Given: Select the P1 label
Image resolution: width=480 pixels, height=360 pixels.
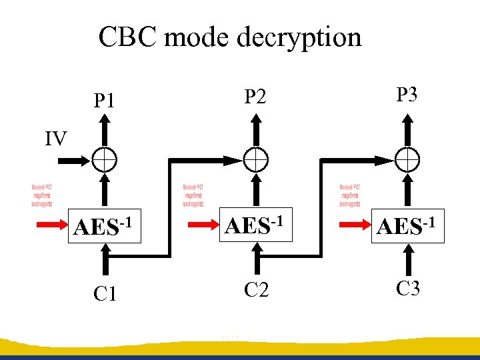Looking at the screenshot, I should (105, 101).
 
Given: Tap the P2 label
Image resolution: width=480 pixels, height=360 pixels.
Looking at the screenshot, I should (255, 97).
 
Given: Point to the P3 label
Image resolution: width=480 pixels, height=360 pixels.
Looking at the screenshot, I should (407, 95).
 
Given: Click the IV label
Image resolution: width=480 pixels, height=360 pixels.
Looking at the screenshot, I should (56, 139).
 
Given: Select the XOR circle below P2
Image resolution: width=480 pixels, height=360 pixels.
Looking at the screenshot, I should (255, 159).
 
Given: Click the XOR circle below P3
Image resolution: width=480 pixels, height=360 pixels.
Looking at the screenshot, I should (406, 159).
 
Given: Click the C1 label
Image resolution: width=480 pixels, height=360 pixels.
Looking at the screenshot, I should (105, 293).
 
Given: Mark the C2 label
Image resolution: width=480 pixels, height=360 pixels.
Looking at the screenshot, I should (256, 289).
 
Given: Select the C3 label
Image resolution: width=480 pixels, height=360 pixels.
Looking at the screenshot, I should (407, 289).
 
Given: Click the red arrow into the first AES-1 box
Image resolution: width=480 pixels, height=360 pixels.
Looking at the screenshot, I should (52, 225).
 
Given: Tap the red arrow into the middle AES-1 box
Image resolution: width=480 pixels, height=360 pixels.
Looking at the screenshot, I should (203, 225).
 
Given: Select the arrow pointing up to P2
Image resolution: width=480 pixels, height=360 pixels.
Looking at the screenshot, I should (255, 130).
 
